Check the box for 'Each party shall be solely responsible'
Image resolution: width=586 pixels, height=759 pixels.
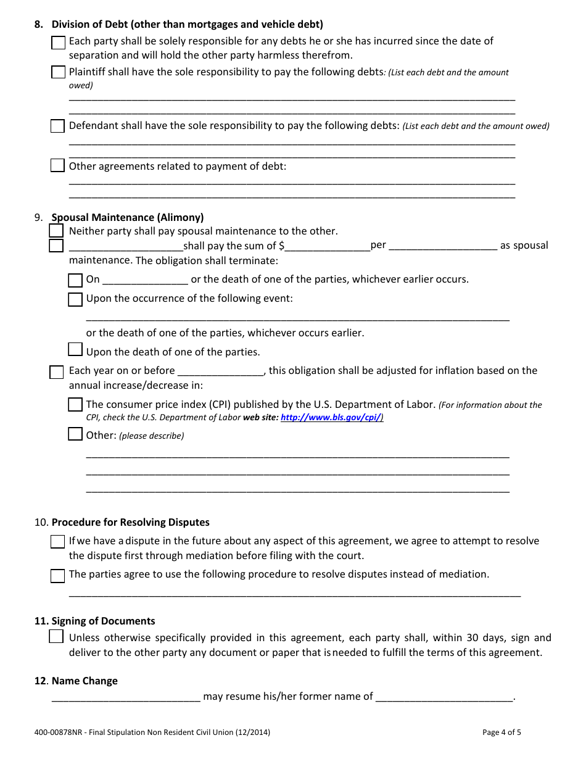point(58,43)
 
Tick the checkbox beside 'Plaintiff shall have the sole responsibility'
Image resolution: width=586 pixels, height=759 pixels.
point(58,72)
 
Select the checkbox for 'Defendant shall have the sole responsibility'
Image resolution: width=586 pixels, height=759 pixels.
point(57,126)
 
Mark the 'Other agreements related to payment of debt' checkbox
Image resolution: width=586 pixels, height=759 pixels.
point(57,166)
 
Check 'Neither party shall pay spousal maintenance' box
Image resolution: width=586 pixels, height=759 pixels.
point(56,231)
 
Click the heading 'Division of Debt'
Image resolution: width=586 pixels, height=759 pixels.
point(187,25)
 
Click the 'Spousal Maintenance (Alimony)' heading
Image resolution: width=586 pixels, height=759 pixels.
point(128,217)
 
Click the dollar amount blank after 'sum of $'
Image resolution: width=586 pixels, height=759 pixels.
point(327,246)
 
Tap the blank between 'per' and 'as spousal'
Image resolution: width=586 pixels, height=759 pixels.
point(443,246)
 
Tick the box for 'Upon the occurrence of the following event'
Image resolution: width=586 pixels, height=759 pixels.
point(75,299)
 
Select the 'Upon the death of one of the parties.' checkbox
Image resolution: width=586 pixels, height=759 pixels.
point(75,350)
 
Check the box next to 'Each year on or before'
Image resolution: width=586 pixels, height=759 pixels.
point(57,372)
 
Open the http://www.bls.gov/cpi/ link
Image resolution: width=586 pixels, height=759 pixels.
point(331,418)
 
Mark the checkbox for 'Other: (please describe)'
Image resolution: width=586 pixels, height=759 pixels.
point(75,434)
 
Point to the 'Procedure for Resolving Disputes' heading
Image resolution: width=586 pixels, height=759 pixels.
point(130,522)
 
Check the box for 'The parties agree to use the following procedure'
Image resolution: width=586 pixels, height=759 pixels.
point(57,576)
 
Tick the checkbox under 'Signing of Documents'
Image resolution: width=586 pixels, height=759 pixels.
point(56,637)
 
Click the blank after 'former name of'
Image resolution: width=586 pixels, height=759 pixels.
point(444,697)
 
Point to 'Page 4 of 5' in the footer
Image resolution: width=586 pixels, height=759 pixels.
point(501,733)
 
